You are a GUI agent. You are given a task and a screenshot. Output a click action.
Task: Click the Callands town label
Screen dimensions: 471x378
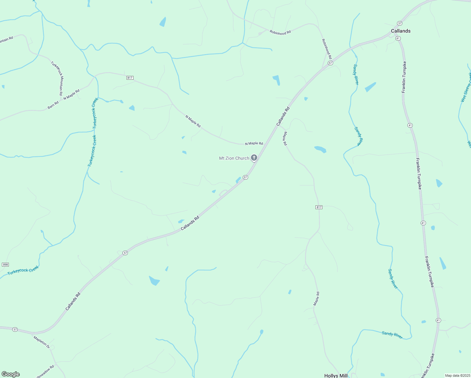400,31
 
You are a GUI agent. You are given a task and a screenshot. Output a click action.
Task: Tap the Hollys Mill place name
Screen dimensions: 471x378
336,375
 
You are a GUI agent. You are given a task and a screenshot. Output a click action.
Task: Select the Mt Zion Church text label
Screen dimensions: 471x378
234,158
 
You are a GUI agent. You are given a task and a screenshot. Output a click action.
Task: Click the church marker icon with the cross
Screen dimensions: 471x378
254,157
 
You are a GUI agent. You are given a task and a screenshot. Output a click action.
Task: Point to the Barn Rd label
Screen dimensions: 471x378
53,105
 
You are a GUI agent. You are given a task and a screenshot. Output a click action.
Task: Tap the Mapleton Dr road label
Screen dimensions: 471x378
42,342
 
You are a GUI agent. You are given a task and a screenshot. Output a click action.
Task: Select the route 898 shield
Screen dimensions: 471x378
5,264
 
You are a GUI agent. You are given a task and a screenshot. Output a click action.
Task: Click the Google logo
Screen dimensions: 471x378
11,374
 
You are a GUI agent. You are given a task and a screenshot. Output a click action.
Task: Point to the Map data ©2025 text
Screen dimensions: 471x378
457,375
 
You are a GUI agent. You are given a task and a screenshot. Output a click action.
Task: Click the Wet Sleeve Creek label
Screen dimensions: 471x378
466,88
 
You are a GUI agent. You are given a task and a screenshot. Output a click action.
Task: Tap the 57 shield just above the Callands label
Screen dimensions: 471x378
400,23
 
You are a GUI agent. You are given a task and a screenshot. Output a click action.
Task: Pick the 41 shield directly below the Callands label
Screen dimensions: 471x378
398,38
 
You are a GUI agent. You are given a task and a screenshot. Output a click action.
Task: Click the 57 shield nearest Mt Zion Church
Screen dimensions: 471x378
246,177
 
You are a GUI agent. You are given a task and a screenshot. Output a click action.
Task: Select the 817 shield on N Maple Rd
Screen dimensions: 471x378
130,78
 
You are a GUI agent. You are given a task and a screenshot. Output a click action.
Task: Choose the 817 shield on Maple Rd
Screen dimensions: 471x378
319,207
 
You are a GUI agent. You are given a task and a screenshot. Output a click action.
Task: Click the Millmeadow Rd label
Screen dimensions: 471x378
44,372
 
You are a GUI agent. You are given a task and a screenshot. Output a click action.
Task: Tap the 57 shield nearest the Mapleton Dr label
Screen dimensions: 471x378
15,329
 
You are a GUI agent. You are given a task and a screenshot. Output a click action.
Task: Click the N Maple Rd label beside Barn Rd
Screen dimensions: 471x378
71,94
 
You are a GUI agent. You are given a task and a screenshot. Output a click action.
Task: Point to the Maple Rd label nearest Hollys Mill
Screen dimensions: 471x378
316,299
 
